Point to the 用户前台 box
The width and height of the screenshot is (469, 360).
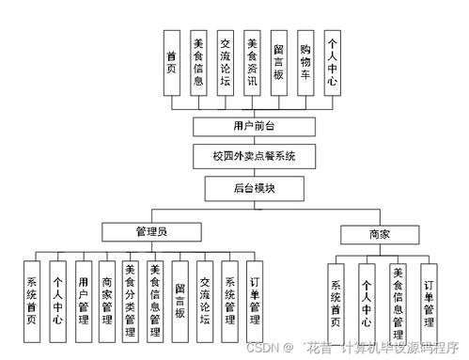tap(251, 126)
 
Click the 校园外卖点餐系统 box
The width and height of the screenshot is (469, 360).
tap(251, 156)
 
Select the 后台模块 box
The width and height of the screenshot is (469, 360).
tap(251, 188)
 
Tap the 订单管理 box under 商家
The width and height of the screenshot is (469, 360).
tap(429, 296)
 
